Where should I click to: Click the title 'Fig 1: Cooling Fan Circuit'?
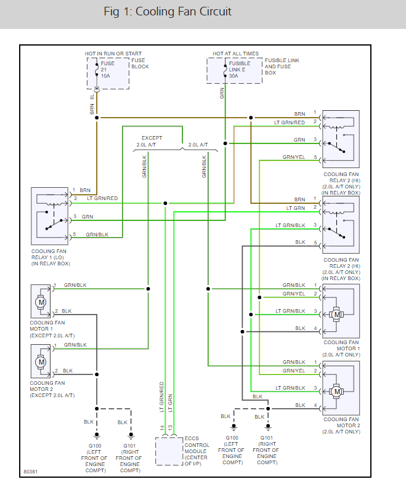tap(168, 12)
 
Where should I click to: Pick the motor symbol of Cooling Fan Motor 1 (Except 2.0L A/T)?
tap(41, 302)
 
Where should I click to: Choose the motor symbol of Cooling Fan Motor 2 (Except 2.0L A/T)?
tap(41, 361)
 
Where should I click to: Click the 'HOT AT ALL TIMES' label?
tap(235, 54)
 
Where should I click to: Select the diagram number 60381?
tap(31, 472)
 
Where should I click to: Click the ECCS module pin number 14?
tap(162, 427)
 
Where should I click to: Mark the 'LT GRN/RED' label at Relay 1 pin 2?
tap(101, 198)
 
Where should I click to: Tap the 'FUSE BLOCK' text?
tap(139, 63)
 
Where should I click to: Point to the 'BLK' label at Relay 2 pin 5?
tap(300, 242)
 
